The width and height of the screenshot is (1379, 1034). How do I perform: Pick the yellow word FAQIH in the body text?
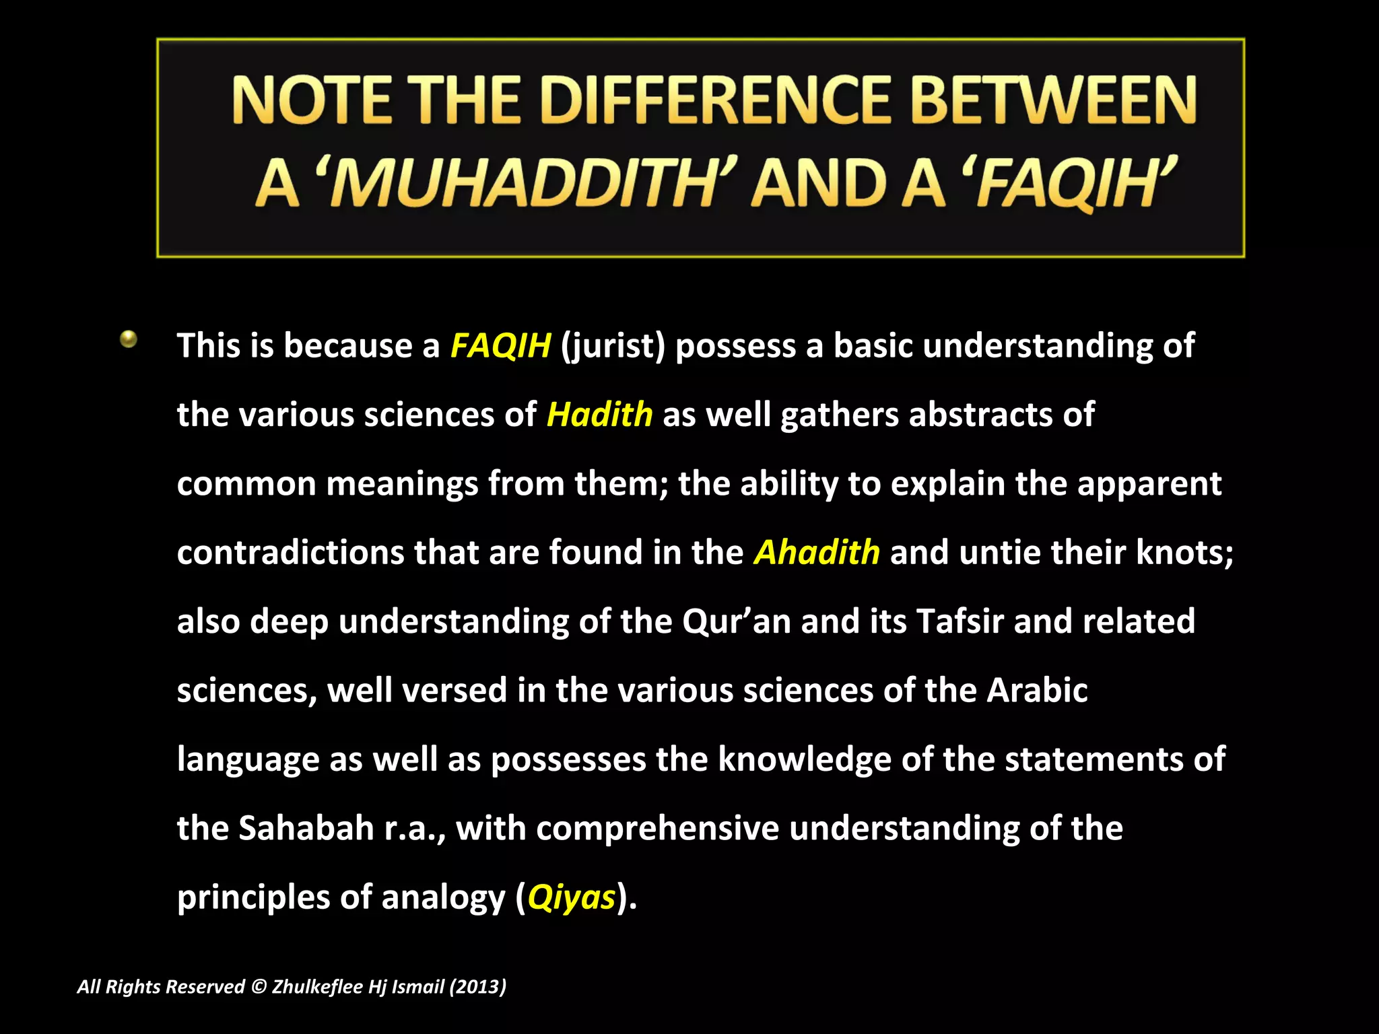[x=500, y=345]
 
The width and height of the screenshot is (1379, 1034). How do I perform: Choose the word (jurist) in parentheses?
[x=613, y=346]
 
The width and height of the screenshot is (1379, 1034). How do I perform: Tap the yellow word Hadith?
[x=599, y=414]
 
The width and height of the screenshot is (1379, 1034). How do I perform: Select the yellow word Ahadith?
[x=816, y=552]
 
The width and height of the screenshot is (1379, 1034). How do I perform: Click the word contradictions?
[x=290, y=552]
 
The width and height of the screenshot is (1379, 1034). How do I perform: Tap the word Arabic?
[x=1037, y=690]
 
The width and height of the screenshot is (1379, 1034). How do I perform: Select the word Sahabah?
[x=306, y=828]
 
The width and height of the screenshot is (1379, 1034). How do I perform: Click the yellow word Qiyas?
[x=571, y=897]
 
